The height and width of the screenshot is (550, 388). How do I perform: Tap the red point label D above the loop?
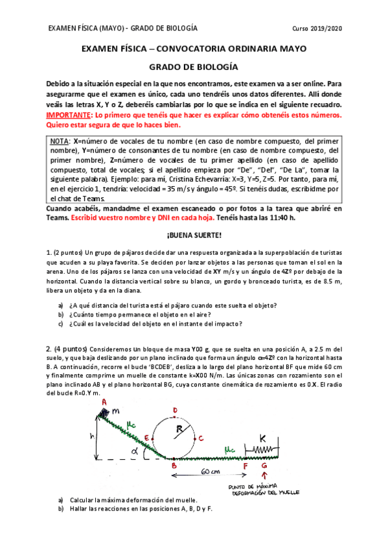click(x=175, y=410)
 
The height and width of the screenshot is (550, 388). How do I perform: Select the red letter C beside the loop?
click(x=202, y=437)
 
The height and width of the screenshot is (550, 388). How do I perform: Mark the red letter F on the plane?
click(x=245, y=466)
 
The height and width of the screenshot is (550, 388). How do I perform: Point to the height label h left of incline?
click(x=93, y=437)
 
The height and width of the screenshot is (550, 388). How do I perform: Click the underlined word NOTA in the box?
click(x=62, y=140)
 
